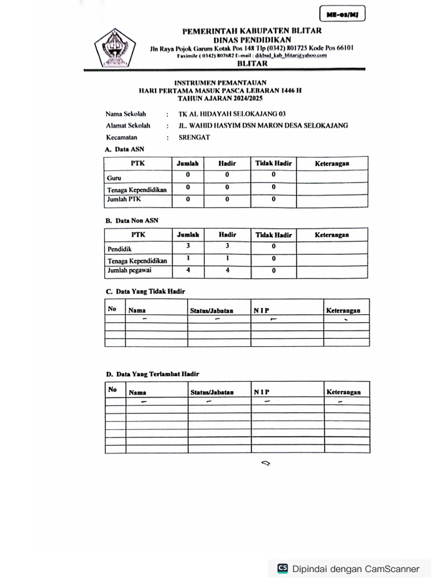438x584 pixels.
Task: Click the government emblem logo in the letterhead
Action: coord(115,48)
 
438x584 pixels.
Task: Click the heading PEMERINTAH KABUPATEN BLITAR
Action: coord(252,31)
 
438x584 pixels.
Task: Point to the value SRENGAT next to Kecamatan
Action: coord(194,137)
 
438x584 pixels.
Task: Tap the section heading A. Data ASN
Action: coord(124,149)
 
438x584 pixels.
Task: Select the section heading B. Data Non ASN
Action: coord(132,220)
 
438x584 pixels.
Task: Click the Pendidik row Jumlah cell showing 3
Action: coord(188,246)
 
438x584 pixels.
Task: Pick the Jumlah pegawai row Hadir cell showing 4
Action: coord(228,270)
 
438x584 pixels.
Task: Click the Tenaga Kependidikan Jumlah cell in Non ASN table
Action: coord(188,258)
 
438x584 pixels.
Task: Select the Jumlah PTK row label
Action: coord(124,200)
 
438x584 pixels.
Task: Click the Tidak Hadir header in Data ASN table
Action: coord(273,164)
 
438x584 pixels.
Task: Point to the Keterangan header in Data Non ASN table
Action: coord(332,235)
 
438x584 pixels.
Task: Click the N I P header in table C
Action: coord(262,311)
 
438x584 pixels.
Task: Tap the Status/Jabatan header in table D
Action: coord(212,392)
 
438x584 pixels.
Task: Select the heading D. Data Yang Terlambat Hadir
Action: coord(152,374)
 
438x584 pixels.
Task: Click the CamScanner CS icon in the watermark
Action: coord(282,569)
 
